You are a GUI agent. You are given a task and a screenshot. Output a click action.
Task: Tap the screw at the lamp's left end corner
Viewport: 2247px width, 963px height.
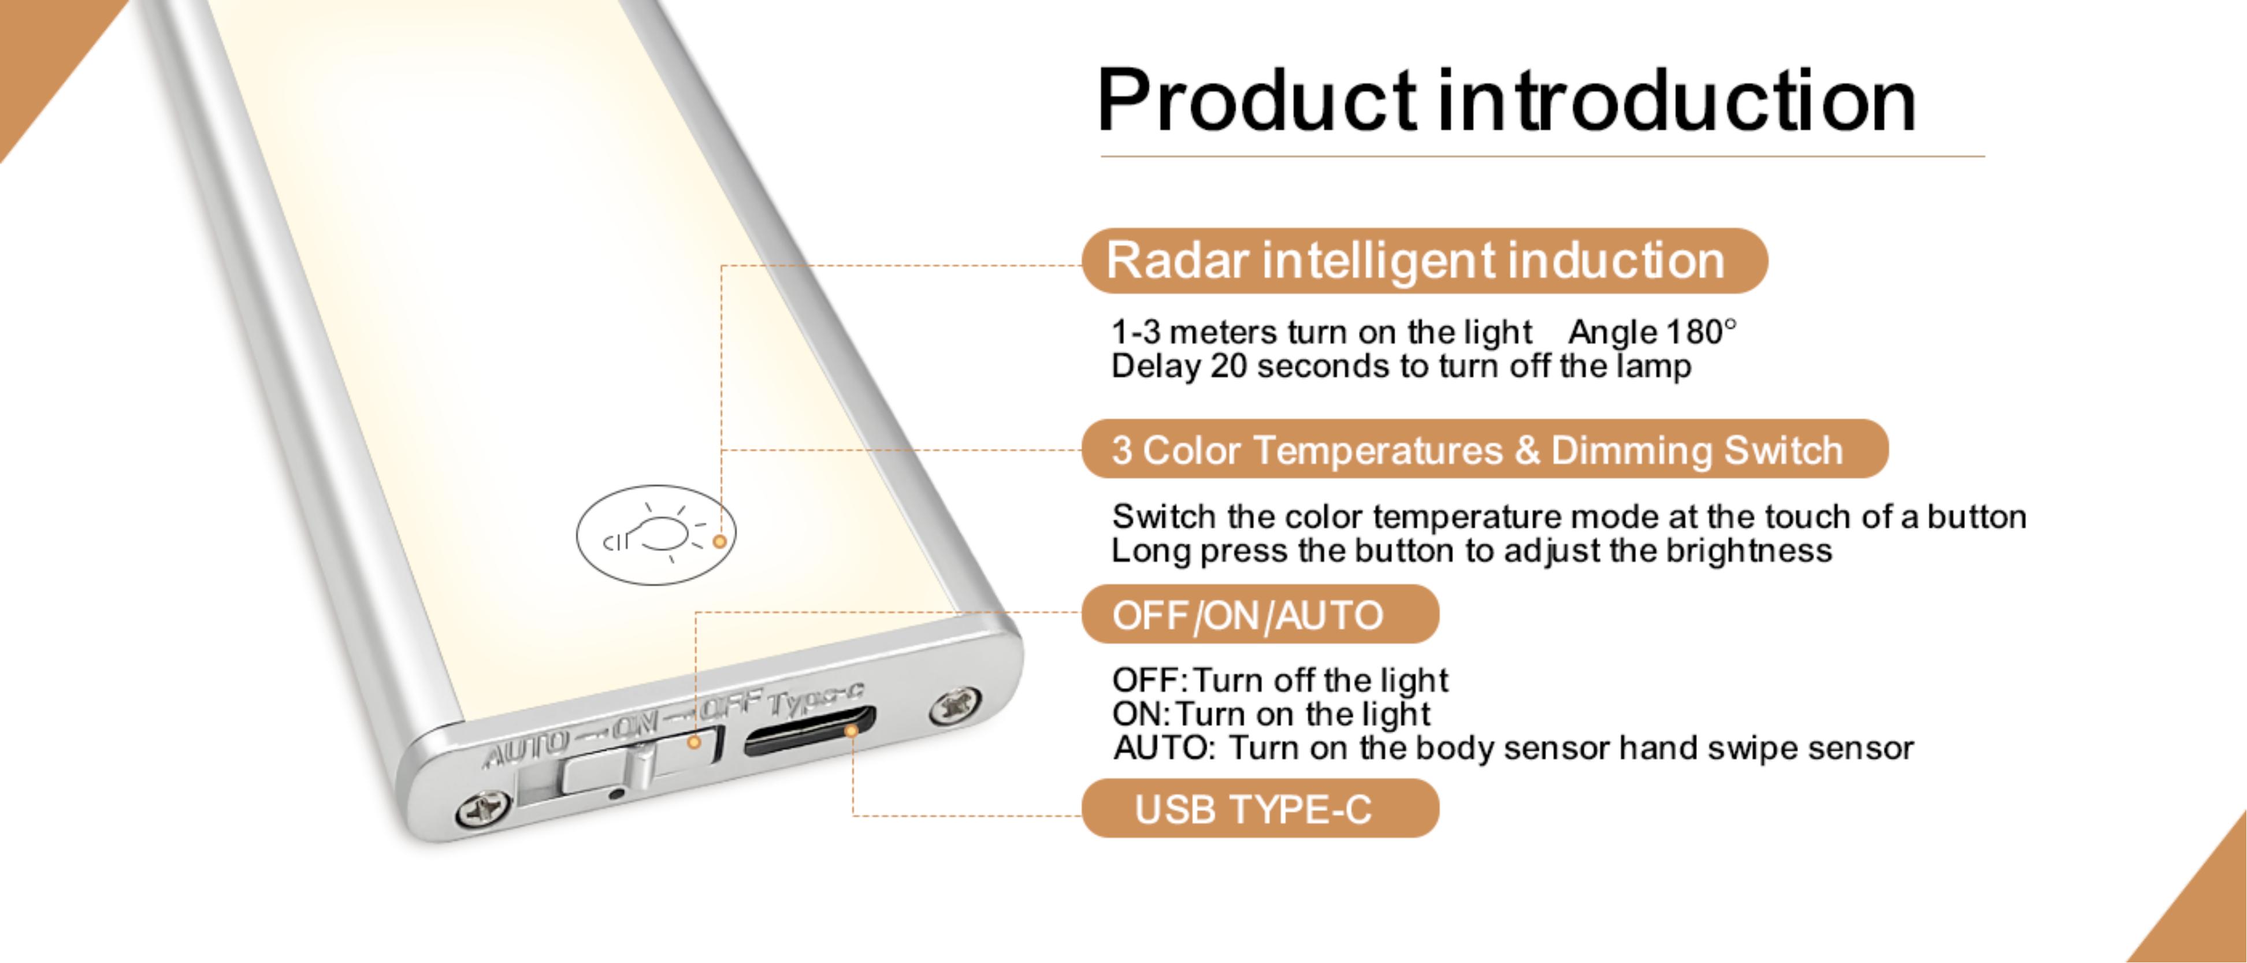tap(482, 809)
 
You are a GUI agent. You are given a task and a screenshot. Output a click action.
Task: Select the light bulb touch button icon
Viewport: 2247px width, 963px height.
tap(656, 535)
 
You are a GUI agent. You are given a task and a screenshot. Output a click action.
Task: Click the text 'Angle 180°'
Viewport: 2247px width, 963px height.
tap(1651, 332)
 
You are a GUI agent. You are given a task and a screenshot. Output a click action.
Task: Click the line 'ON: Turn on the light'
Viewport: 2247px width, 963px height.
tap(1271, 715)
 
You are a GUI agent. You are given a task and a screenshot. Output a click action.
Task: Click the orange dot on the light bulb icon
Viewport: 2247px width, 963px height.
tap(720, 542)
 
